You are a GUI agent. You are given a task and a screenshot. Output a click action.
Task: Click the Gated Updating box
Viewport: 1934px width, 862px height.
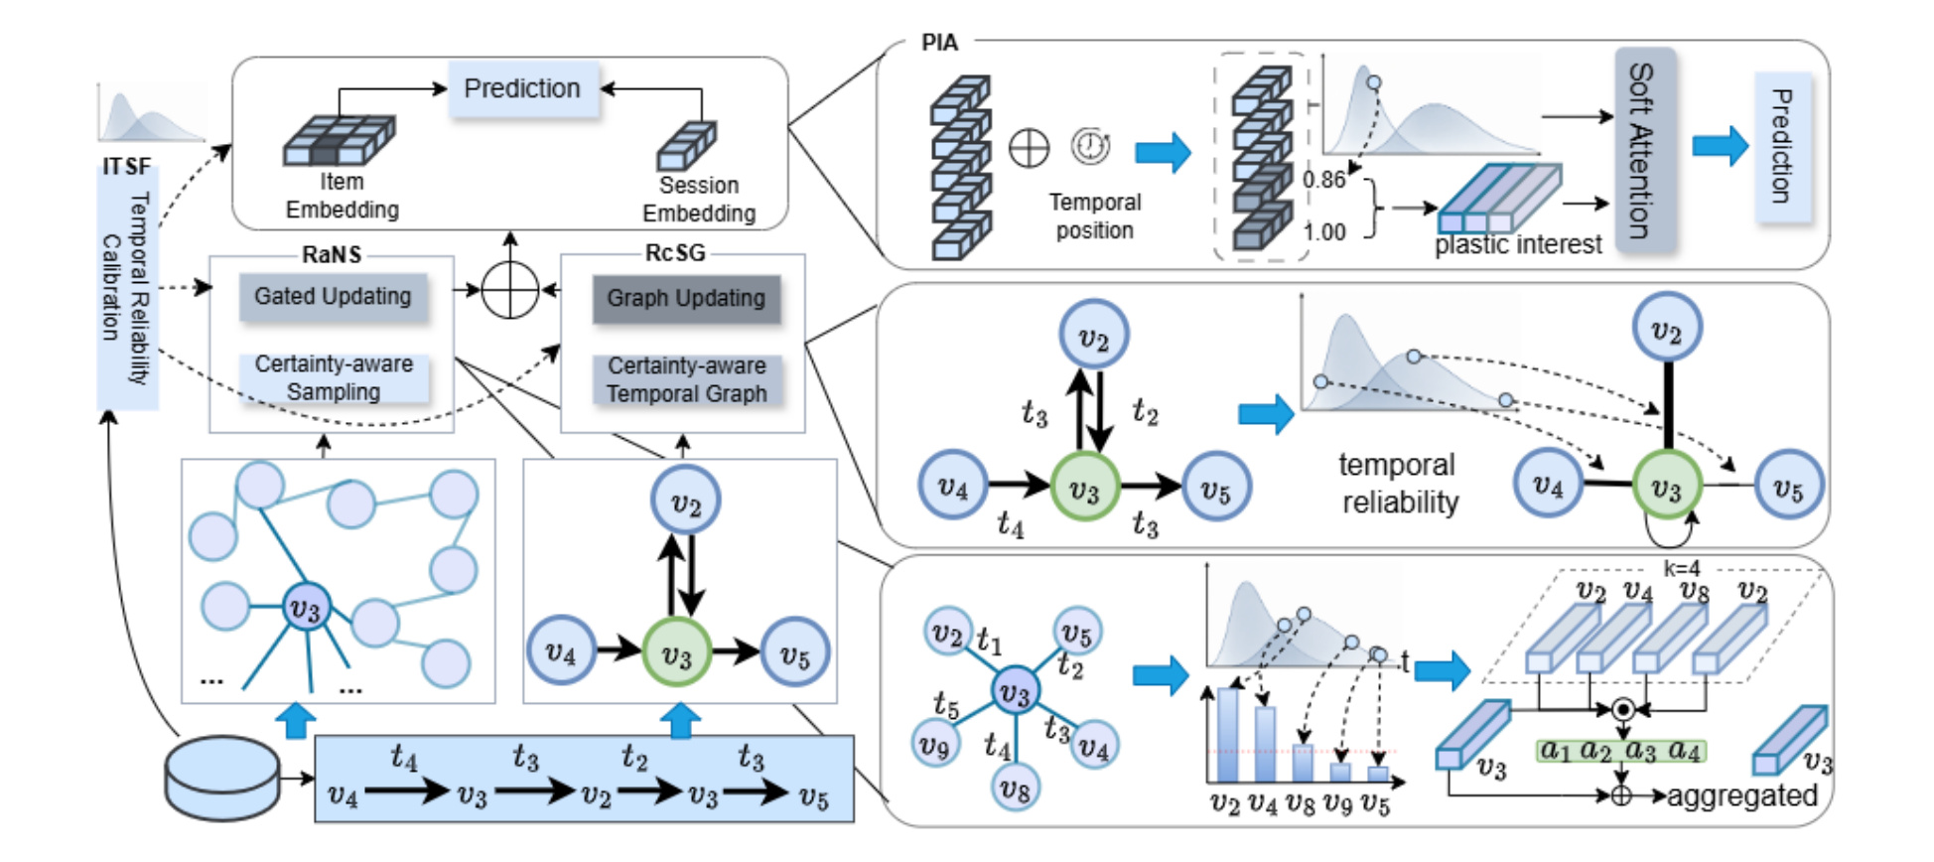pos(333,297)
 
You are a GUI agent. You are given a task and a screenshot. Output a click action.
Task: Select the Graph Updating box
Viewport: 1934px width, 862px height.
pos(686,299)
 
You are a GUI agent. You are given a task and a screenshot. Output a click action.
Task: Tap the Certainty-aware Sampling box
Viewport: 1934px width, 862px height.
pos(334,377)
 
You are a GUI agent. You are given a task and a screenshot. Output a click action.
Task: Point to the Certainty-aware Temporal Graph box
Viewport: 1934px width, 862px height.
pos(686,380)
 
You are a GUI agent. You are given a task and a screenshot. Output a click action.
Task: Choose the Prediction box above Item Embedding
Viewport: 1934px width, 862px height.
pos(523,89)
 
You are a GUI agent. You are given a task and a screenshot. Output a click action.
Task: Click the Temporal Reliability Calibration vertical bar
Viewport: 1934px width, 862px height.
pos(127,288)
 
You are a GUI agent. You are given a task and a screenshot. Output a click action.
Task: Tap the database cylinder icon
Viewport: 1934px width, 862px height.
pos(222,778)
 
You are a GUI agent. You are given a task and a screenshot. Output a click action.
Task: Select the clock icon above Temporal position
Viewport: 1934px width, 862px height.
pos(1090,146)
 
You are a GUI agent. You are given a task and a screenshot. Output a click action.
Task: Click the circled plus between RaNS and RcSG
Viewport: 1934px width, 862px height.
pos(509,291)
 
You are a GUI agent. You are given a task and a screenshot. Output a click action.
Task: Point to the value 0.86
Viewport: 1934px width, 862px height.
pos(1323,180)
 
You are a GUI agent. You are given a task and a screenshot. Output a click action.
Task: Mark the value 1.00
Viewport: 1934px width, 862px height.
pos(1324,232)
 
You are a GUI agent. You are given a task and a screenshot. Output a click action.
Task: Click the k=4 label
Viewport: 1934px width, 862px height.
pos(1682,568)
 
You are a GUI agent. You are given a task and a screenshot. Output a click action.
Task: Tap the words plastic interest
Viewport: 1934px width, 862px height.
pos(1518,244)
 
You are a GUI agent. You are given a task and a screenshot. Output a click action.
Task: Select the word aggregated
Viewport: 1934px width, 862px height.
pos(1741,796)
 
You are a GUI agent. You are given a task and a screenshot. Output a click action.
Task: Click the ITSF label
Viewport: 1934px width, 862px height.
pos(127,166)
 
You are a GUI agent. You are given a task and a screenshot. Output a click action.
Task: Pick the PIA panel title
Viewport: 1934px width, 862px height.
pos(939,43)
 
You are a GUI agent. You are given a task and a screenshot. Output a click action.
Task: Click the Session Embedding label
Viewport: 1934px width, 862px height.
pos(699,200)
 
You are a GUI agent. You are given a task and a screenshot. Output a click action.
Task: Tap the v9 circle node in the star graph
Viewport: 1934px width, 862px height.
pos(935,745)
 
